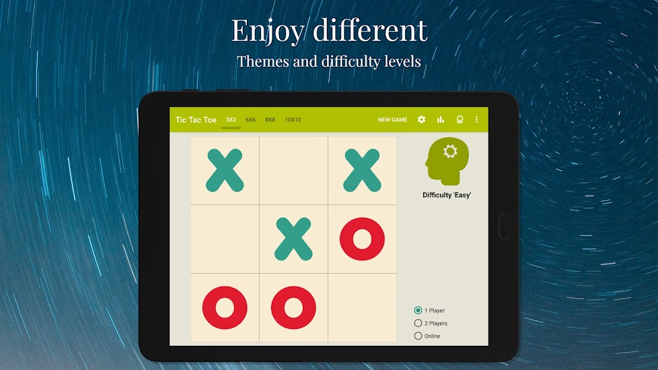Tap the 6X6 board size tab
(250, 120)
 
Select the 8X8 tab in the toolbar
(270, 120)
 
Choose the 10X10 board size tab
(293, 120)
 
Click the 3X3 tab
(231, 120)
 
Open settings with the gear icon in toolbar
(421, 120)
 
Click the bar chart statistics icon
(441, 120)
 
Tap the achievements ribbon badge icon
(460, 120)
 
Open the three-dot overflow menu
(477, 120)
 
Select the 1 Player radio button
(418, 310)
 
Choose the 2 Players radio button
(418, 323)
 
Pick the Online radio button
(418, 336)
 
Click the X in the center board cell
(293, 239)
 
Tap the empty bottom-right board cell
(362, 308)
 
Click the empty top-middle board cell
(293, 170)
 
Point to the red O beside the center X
(362, 239)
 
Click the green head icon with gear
(447, 161)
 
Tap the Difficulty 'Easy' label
(447, 195)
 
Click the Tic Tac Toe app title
(196, 120)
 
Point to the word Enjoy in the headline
(268, 31)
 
